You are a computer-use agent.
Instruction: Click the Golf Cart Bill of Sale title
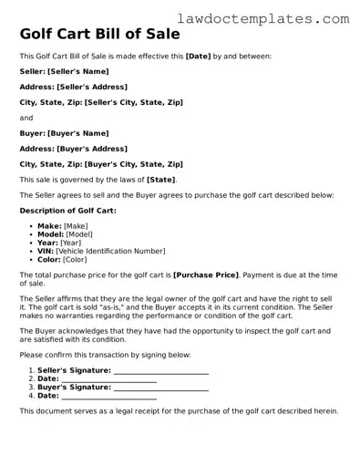pos(99,35)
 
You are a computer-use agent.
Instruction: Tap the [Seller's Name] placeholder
pos(77,72)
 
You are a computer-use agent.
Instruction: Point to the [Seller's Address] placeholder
pos(90,88)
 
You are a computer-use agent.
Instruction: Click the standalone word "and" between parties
pos(26,118)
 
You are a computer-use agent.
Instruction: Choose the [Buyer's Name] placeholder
pos(76,133)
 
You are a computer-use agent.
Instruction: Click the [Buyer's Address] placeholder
pos(88,149)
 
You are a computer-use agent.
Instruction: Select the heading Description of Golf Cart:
pos(68,211)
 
